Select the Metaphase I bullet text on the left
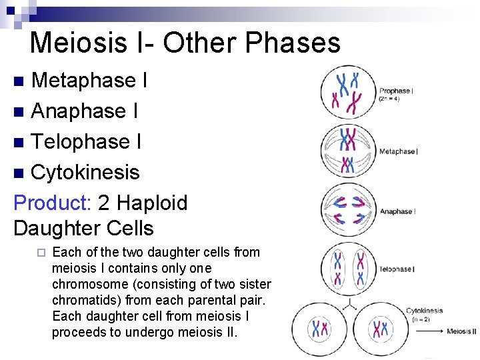click(89, 81)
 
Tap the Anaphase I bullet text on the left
click(85, 111)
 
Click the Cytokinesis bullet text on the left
click(85, 172)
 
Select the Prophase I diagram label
click(395, 91)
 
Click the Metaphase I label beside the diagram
click(398, 151)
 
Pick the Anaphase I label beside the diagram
click(397, 211)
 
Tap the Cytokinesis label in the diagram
click(424, 311)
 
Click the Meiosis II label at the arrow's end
click(461, 331)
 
